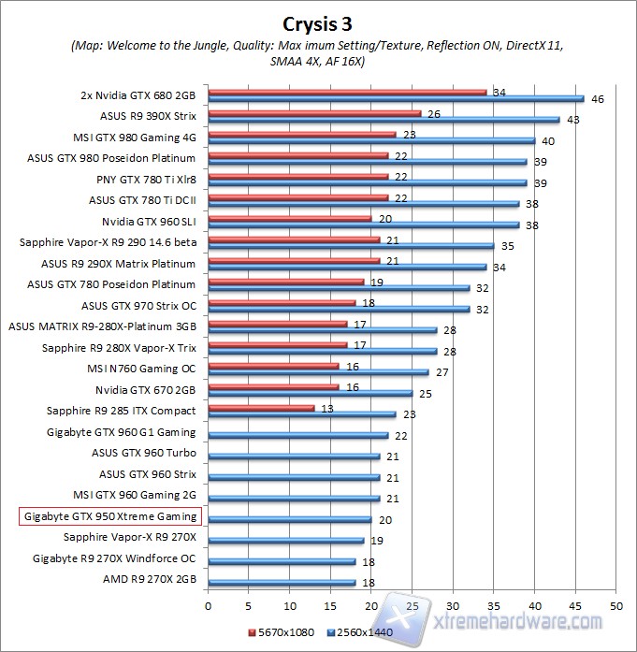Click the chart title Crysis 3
coord(319,22)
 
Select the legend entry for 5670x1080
coord(280,631)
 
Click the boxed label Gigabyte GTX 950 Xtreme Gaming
coord(110,516)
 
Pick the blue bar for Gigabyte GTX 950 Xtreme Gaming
coord(290,519)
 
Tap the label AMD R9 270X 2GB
coord(151,580)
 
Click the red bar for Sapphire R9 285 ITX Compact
coord(261,408)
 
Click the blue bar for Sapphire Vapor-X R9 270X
coord(285,540)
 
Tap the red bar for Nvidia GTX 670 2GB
coord(273,386)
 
